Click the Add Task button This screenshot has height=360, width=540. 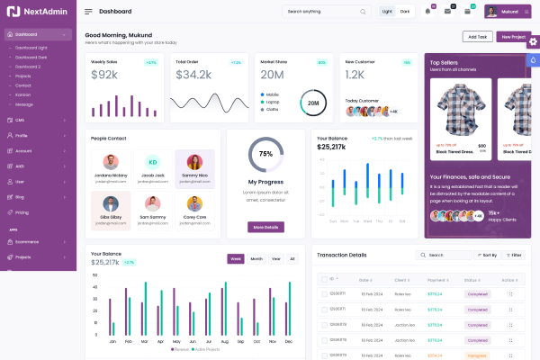[x=477, y=37]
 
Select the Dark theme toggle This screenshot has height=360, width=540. [x=405, y=12]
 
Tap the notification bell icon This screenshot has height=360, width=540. [x=427, y=11]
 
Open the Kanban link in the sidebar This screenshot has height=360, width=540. [x=23, y=94]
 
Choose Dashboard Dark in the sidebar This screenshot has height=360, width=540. [x=31, y=57]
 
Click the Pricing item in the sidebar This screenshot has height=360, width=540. [x=22, y=212]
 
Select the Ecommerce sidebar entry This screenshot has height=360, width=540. [x=28, y=241]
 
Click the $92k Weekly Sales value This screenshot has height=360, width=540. [x=104, y=75]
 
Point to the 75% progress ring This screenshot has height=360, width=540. [x=265, y=154]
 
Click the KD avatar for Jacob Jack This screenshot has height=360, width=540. [x=153, y=162]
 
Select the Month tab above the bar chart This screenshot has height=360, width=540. [x=256, y=258]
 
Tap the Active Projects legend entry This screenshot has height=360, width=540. [x=208, y=348]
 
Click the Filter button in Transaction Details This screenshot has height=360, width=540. [x=514, y=255]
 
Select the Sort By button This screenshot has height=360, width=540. [x=487, y=255]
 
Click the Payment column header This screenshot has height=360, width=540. [x=436, y=280]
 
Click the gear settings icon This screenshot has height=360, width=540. [x=533, y=40]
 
